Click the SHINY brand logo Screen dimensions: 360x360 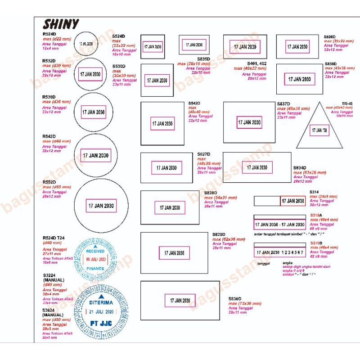(x=61, y=24)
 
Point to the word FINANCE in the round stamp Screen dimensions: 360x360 (x=95, y=268)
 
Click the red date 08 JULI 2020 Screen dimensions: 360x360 (x=95, y=259)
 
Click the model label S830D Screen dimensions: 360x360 (x=235, y=298)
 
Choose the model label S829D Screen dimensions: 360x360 (x=219, y=234)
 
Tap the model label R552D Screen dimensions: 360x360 (x=49, y=182)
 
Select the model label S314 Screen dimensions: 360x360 (x=314, y=192)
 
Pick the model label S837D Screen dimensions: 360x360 (x=283, y=103)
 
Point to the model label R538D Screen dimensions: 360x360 (x=49, y=97)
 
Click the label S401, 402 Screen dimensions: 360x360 (x=257, y=63)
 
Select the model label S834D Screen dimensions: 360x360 (x=301, y=167)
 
